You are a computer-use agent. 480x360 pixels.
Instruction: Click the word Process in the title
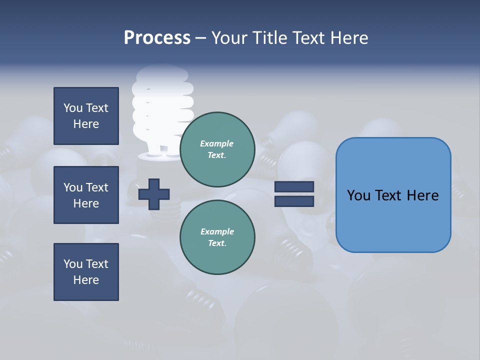click(x=157, y=38)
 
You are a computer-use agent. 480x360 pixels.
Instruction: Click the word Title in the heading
click(x=269, y=38)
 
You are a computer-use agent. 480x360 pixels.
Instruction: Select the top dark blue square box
click(x=86, y=116)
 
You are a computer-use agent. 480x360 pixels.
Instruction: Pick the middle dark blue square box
click(x=86, y=195)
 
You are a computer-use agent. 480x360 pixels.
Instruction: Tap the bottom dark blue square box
click(x=86, y=272)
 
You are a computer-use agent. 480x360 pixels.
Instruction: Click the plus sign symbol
click(x=154, y=194)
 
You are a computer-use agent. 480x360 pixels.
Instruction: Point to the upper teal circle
click(x=217, y=149)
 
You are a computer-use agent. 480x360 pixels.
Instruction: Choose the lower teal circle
click(x=217, y=237)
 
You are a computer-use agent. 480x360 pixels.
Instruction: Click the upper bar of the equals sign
click(x=294, y=186)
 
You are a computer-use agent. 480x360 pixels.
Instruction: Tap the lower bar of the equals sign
click(x=294, y=201)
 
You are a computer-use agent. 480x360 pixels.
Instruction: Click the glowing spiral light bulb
click(x=162, y=110)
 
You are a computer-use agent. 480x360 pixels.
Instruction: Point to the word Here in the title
click(x=350, y=38)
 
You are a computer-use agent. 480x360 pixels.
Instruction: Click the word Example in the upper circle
click(x=216, y=143)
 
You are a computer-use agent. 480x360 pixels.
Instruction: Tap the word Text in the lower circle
click(x=216, y=243)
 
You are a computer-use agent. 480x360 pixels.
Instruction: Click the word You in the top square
click(x=73, y=108)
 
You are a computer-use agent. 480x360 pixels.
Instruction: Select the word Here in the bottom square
click(x=86, y=280)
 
